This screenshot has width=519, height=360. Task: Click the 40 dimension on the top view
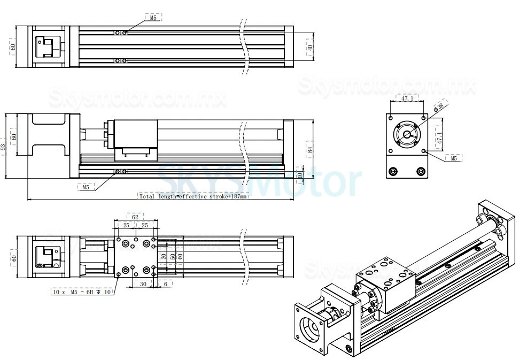pos(309,47)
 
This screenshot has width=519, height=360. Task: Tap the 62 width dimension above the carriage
pos(135,217)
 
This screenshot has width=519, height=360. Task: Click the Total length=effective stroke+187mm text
pos(193,196)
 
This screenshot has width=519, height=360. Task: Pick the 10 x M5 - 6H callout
pos(82,292)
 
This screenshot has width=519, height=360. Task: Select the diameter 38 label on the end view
pos(440,108)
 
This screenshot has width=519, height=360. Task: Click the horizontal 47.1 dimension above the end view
pos(407,99)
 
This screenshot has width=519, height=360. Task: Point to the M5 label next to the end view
pos(454,158)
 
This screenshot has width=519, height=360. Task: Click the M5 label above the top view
pos(153,18)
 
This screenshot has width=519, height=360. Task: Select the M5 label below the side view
pos(86,187)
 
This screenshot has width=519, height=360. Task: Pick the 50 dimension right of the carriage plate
pos(172,256)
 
